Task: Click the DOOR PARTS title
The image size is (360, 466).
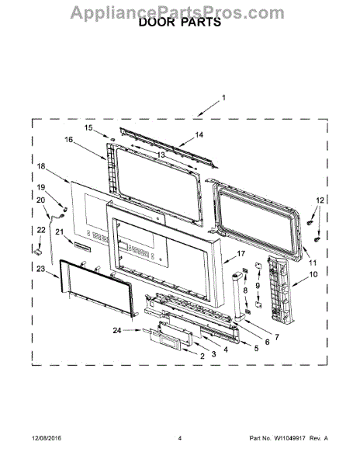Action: pyautogui.click(x=179, y=23)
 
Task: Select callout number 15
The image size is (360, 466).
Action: pyautogui.click(x=88, y=127)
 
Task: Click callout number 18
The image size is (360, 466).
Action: pyautogui.click(x=41, y=166)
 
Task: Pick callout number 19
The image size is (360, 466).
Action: pyautogui.click(x=41, y=188)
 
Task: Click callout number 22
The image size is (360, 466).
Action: pyautogui.click(x=41, y=230)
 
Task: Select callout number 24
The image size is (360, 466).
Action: pyautogui.click(x=117, y=329)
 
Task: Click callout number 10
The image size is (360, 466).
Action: pyautogui.click(x=313, y=274)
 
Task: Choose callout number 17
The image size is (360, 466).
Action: pyautogui.click(x=241, y=254)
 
